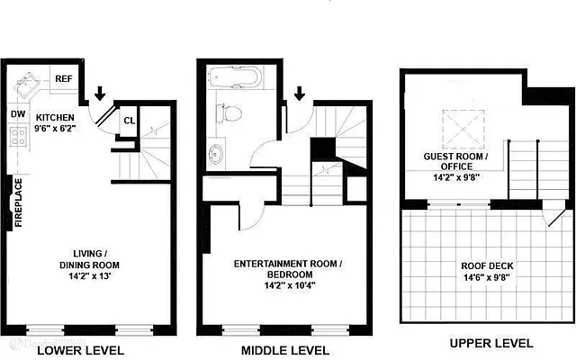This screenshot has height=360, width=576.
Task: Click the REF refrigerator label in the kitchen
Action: point(64,79)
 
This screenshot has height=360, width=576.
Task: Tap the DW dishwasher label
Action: point(17,114)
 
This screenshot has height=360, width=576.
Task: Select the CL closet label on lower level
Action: point(129,120)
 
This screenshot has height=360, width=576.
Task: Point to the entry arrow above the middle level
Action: point(300,93)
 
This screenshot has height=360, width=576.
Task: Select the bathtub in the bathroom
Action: point(234,80)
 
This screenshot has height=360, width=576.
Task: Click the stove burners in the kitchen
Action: point(17,139)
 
